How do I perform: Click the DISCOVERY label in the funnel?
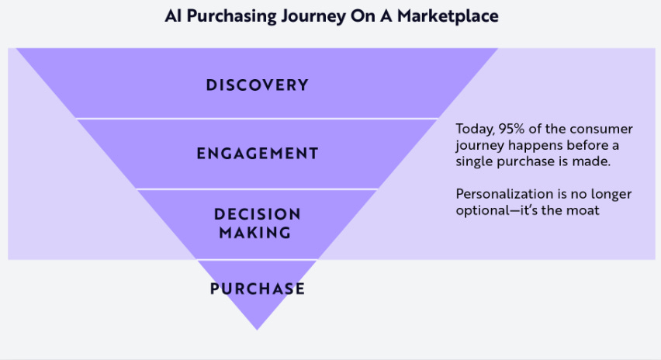point(257,85)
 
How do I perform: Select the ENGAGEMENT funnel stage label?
point(257,154)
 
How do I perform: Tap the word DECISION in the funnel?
point(257,214)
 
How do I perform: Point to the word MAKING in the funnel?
point(257,233)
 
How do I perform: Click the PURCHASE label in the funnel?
point(257,289)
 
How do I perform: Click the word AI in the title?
point(173,16)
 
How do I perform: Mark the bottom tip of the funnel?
point(257,328)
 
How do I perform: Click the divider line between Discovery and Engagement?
point(257,119)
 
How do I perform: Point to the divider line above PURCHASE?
point(257,259)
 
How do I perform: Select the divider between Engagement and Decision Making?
point(257,189)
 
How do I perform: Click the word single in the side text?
point(473,161)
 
